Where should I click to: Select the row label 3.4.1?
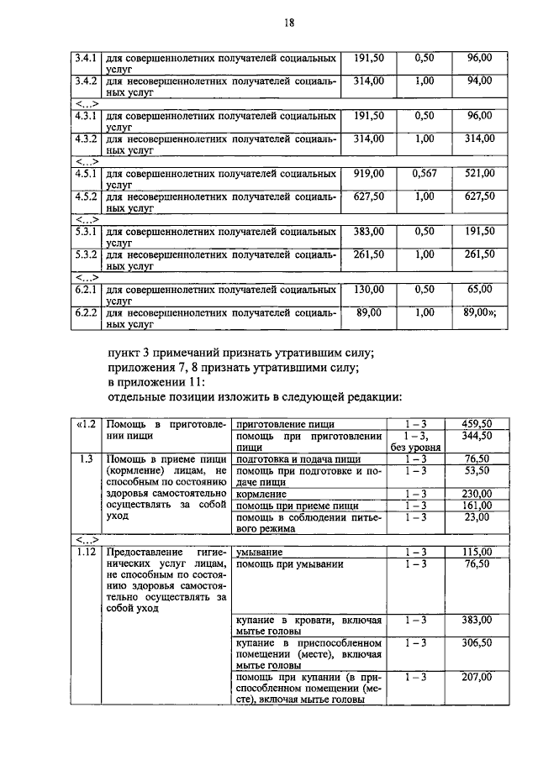[84, 58]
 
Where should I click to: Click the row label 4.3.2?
[84, 139]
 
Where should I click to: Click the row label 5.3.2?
[84, 254]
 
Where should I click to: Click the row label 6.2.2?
[84, 312]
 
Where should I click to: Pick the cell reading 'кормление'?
[262, 494]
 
